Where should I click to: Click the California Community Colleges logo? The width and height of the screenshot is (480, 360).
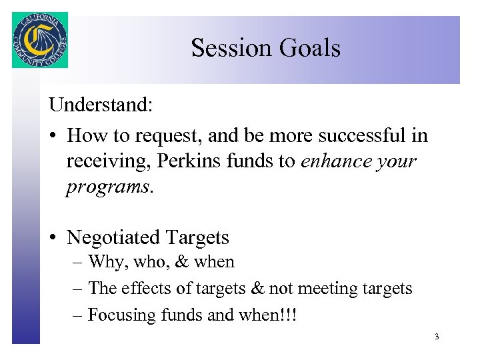coord(40,39)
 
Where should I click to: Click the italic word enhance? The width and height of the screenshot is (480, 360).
coord(337,161)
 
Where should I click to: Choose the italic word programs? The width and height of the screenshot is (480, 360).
coord(108,187)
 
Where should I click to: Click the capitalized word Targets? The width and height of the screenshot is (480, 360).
coord(197,237)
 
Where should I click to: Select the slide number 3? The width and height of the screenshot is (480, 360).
coord(437,337)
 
